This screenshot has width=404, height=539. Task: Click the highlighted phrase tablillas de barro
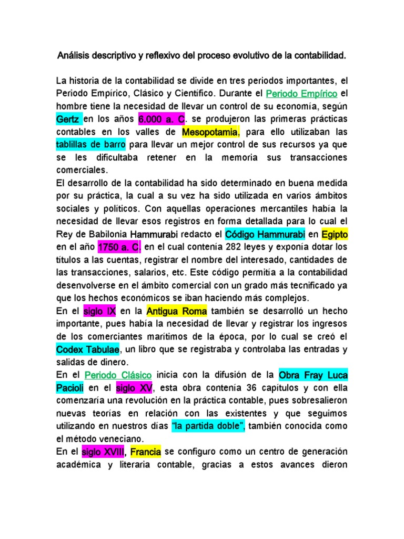click(x=90, y=144)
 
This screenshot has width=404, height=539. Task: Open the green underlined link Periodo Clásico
click(x=118, y=375)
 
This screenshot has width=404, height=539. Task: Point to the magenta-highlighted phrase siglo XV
click(x=134, y=388)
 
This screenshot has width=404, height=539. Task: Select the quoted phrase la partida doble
click(x=208, y=426)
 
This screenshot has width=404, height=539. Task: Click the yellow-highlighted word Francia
click(x=146, y=452)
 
